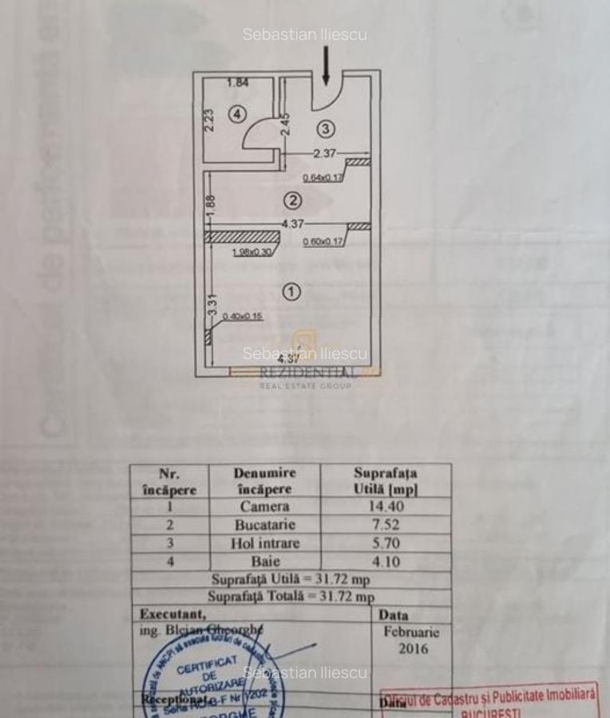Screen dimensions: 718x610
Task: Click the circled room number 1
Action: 292,293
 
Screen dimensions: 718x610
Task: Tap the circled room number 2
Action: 292,199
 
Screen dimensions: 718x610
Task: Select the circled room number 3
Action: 324,128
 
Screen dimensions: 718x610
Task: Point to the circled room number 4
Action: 236,114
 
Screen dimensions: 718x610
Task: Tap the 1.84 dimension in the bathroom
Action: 238,82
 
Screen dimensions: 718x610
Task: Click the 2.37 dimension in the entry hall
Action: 324,153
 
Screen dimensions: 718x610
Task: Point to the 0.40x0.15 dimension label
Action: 242,317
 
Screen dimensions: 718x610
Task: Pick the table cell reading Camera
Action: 264,507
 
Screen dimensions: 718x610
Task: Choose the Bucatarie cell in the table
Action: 264,525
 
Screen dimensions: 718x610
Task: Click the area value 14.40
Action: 385,507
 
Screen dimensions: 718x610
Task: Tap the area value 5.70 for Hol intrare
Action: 385,543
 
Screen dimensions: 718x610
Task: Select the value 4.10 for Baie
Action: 385,562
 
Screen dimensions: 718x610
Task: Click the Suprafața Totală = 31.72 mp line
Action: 291,597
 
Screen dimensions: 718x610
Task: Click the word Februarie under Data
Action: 411,632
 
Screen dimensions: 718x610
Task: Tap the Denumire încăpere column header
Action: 264,481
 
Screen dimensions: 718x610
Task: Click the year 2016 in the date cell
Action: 412,649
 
